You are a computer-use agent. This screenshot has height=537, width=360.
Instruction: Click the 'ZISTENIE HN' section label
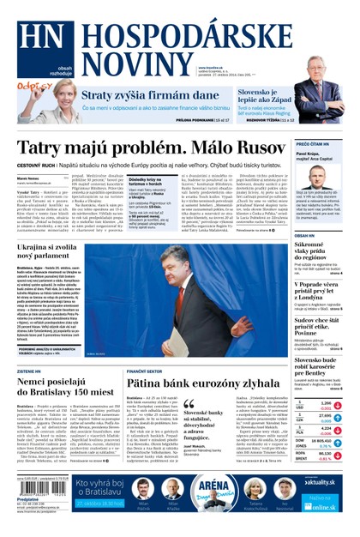pos(32,347)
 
